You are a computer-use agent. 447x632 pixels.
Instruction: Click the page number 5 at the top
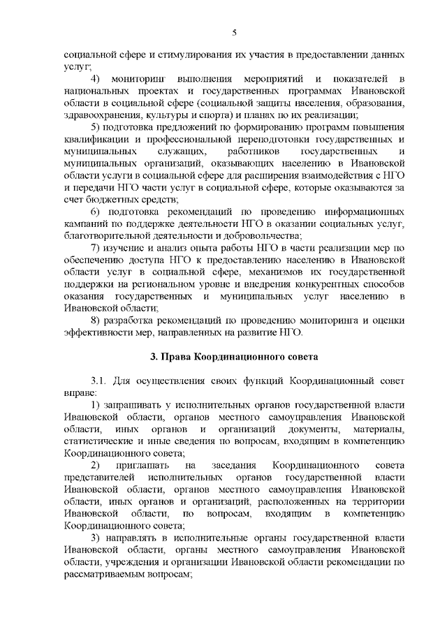coord(235,31)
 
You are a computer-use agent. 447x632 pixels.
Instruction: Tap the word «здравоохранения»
coord(100,115)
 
